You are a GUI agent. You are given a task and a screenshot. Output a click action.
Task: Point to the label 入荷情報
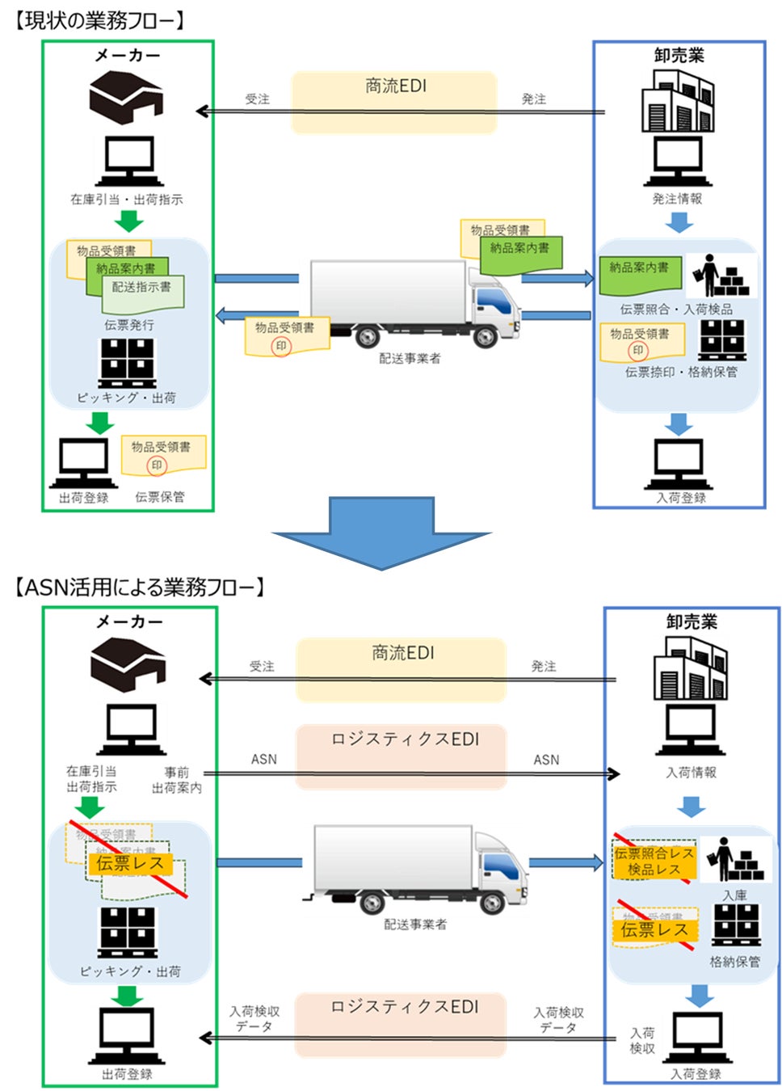pyautogui.click(x=691, y=773)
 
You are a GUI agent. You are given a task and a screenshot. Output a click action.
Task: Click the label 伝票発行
pyautogui.click(x=128, y=325)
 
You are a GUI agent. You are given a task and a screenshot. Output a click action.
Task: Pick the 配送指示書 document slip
pyautogui.click(x=143, y=293)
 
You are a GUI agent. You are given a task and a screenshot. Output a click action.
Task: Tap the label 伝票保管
pyautogui.click(x=159, y=497)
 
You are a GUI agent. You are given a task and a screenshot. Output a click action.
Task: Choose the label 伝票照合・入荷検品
pyautogui.click(x=676, y=310)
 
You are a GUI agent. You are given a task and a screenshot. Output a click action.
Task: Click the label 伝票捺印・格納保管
pyautogui.click(x=681, y=373)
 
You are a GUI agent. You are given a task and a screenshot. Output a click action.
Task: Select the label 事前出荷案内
pyautogui.click(x=177, y=780)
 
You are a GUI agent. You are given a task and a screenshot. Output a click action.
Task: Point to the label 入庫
pyautogui.click(x=734, y=895)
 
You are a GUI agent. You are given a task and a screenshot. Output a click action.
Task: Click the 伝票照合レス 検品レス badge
pyautogui.click(x=654, y=861)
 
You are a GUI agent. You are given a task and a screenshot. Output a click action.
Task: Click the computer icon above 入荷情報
pyautogui.click(x=690, y=731)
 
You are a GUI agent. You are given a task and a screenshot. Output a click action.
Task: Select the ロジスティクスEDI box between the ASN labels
pyautogui.click(x=402, y=756)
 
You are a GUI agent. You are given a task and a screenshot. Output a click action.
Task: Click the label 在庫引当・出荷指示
pyautogui.click(x=126, y=200)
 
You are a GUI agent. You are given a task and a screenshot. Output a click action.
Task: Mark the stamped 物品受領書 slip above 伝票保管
pyautogui.click(x=163, y=456)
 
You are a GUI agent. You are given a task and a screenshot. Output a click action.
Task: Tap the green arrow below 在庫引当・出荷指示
pyautogui.click(x=128, y=221)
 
